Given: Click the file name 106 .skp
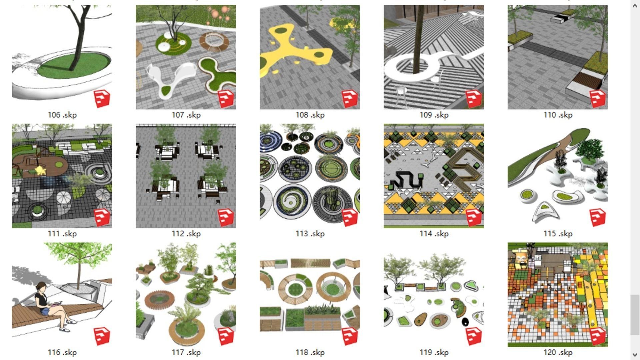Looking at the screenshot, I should coord(62,115).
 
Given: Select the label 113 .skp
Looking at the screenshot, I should coord(310,234).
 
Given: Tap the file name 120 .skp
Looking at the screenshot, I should coord(558,352).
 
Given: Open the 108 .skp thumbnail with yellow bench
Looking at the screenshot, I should coord(310,57).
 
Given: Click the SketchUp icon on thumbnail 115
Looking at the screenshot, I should coord(597,217).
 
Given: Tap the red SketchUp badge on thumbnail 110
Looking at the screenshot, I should coord(597,99).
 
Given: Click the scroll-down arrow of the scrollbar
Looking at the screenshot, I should coord(634,354).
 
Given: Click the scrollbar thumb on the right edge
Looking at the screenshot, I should coord(634,315).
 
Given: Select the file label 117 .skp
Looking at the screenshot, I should coord(186,352).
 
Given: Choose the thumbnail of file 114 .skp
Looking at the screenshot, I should coord(434,176).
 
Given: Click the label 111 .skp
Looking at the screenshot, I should coord(62,234).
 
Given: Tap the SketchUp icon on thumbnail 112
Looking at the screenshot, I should coord(226,217).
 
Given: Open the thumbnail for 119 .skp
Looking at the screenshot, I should coord(434,295).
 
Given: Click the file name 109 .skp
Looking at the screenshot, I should coord(434,115).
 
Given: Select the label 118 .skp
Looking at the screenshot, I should coord(310,352).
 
